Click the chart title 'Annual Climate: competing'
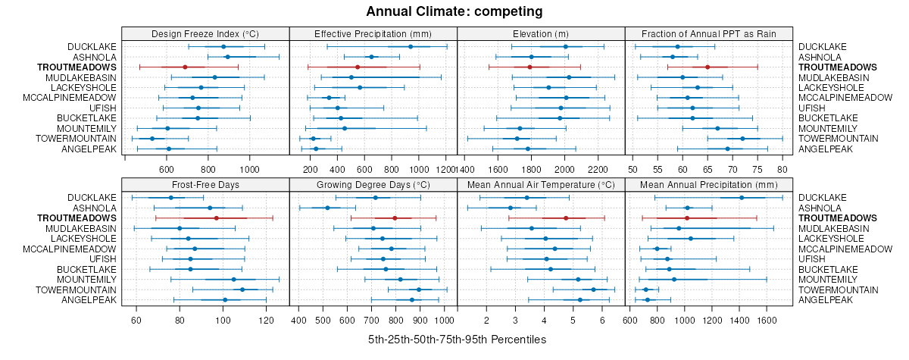coord(454,11)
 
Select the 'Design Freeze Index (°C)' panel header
coord(205,33)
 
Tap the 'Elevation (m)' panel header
coord(541,33)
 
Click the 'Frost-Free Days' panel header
coord(205,184)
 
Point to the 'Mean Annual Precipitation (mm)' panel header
coord(708,184)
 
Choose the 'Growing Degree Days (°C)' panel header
coord(373,184)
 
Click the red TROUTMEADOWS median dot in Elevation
coord(529,67)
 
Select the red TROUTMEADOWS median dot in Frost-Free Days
coord(217,218)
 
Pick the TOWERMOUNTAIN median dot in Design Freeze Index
coord(151,139)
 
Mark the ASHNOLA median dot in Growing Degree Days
coord(327,208)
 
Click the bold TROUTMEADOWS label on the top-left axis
coord(77,67)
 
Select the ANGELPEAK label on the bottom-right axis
coord(823,300)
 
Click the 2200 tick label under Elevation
coord(598,169)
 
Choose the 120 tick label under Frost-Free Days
coord(267,320)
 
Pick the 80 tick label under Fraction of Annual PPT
coord(782,169)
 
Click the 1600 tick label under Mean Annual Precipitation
coord(767,320)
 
